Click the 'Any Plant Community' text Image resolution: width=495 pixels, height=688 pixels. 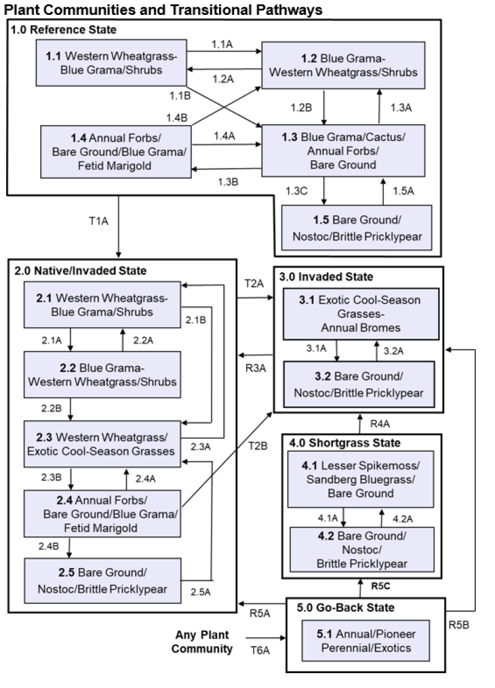(x=202, y=642)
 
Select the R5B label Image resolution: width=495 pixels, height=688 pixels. (x=460, y=625)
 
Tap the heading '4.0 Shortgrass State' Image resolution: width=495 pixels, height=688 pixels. (x=345, y=443)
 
